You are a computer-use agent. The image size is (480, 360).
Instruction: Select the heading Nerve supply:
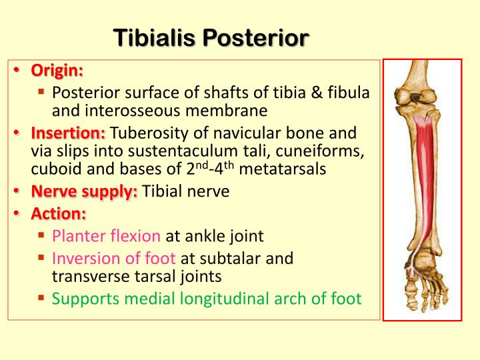[x=84, y=192]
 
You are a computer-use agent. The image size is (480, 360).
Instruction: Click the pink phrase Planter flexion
[x=107, y=235]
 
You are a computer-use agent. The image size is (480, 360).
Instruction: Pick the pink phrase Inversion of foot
[x=114, y=257]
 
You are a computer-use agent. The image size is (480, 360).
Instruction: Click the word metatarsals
[x=282, y=169]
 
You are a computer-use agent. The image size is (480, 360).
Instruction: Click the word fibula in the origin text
[x=349, y=93]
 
